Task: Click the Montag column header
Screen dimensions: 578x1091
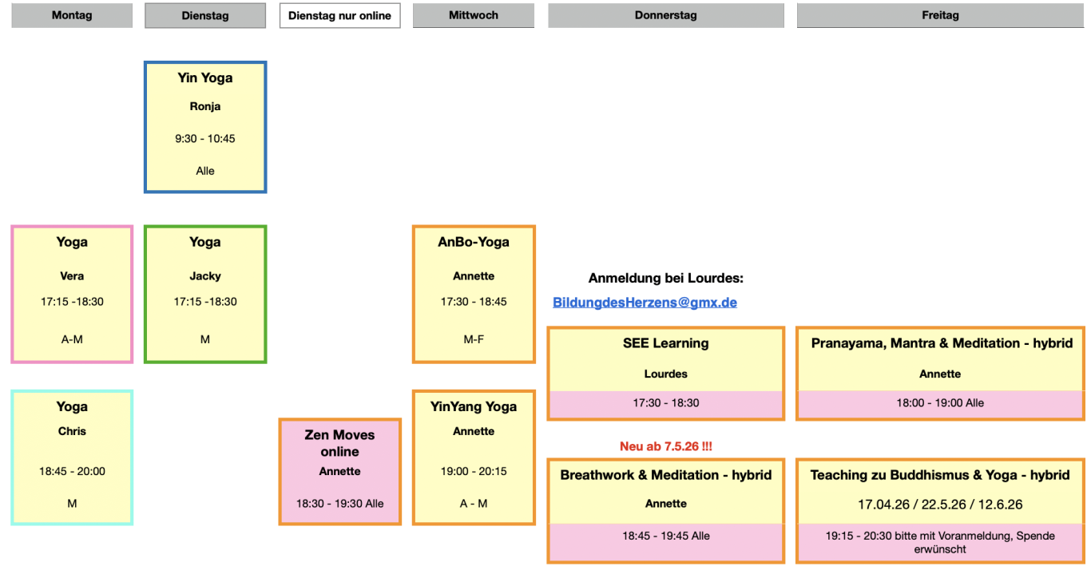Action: tap(72, 15)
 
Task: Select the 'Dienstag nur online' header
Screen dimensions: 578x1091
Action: tap(339, 15)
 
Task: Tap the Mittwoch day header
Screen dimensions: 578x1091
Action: tap(474, 15)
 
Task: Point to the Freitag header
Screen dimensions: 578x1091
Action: tap(940, 15)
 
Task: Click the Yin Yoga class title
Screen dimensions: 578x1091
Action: tap(205, 78)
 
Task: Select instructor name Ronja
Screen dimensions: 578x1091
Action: tap(205, 106)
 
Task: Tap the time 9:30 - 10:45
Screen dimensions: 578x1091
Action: tap(205, 138)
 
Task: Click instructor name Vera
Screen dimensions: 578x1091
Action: tap(72, 276)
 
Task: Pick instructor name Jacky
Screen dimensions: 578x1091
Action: tap(205, 276)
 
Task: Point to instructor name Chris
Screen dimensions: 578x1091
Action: tap(72, 431)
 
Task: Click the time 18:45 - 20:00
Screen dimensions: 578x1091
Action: tap(72, 471)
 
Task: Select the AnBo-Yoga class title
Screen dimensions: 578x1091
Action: tap(474, 242)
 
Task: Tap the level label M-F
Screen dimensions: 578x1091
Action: tap(474, 339)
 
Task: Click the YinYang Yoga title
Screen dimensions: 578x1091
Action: tap(474, 406)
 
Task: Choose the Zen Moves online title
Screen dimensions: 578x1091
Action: tap(339, 443)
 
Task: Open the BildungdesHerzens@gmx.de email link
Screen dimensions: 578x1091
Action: tap(645, 303)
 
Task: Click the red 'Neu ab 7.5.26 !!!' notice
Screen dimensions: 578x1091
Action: tap(666, 446)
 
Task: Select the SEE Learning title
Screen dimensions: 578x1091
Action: tap(666, 343)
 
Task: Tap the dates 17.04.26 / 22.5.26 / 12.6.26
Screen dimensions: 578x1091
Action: tap(940, 505)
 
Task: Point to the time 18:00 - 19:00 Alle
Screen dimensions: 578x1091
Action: tap(940, 403)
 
